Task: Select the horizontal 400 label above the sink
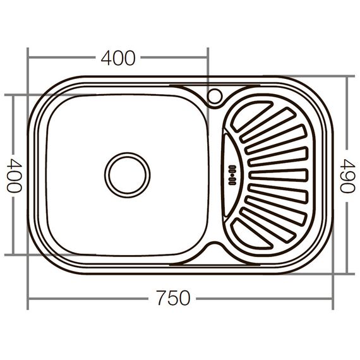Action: pos(118,58)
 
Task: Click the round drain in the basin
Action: pos(127,174)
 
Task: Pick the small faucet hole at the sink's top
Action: pos(214,96)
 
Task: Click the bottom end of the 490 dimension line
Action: pos(346,273)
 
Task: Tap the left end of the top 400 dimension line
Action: pos(28,58)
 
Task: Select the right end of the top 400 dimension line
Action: pos(208,58)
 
